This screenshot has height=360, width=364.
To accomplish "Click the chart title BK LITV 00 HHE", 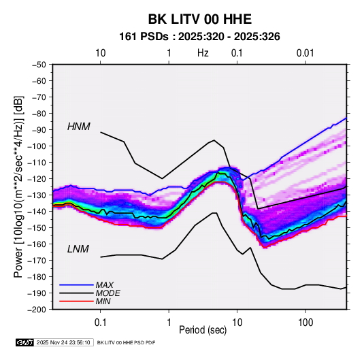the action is coord(200,19).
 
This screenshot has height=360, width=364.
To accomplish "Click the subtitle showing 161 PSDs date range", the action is coord(199,37).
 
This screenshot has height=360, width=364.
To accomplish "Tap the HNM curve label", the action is coord(79,127).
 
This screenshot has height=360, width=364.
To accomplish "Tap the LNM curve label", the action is coord(78,249).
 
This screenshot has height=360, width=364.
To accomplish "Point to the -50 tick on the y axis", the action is coord(39,65).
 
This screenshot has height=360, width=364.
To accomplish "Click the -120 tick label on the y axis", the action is coord(37,179).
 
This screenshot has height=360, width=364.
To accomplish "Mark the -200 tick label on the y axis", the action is coord(37,310).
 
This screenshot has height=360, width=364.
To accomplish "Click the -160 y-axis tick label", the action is coord(37,244).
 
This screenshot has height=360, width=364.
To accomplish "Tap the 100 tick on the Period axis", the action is coord(305,323).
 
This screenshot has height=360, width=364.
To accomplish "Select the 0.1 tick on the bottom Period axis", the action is coord(100,323).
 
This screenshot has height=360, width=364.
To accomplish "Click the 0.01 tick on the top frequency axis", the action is coord(305,53).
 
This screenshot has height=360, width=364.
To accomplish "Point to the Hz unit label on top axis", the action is coord(203,53).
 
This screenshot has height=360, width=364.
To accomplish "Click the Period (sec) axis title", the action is coord(203,330).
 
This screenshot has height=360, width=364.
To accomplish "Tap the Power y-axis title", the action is coord(18,187).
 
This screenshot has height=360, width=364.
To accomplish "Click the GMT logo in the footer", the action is coord(25,342).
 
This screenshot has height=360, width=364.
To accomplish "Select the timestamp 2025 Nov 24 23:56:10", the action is coord(63,342).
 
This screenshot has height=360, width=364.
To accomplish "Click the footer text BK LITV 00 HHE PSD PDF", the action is coord(126,342).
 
